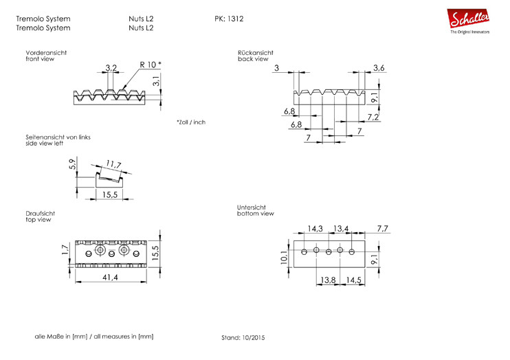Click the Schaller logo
tap(469, 21)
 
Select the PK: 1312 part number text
tap(230, 19)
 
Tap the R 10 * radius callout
tap(150, 65)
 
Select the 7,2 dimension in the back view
tap(374, 117)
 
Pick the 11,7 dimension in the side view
tap(113, 165)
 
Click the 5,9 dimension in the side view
tap(72, 165)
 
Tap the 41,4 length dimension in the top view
tap(110, 277)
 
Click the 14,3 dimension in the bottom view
tap(315, 228)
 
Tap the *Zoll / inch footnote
tap(190, 122)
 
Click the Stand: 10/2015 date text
tap(243, 338)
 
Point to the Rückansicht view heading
tap(256, 52)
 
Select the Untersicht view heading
tap(252, 207)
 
